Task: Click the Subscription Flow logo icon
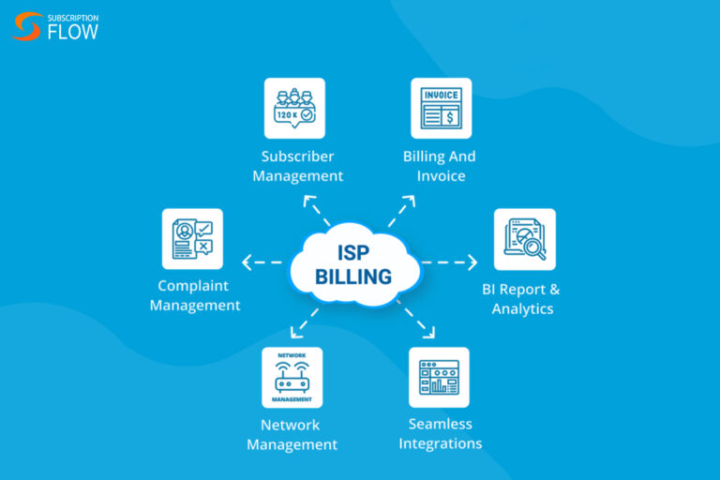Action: (27, 26)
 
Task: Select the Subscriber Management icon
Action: (294, 108)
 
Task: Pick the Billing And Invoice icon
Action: (441, 108)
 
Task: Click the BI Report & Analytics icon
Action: (524, 239)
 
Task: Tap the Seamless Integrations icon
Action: (439, 377)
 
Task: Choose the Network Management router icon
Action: (292, 377)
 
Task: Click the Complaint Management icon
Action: (192, 239)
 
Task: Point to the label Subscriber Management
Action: (297, 166)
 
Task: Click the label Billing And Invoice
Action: (440, 166)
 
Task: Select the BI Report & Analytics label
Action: (523, 299)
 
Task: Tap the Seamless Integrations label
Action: (441, 433)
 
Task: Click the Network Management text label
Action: (292, 434)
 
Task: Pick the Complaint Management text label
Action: (195, 295)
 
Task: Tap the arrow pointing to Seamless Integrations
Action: (418, 319)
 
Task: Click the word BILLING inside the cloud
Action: (353, 277)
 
